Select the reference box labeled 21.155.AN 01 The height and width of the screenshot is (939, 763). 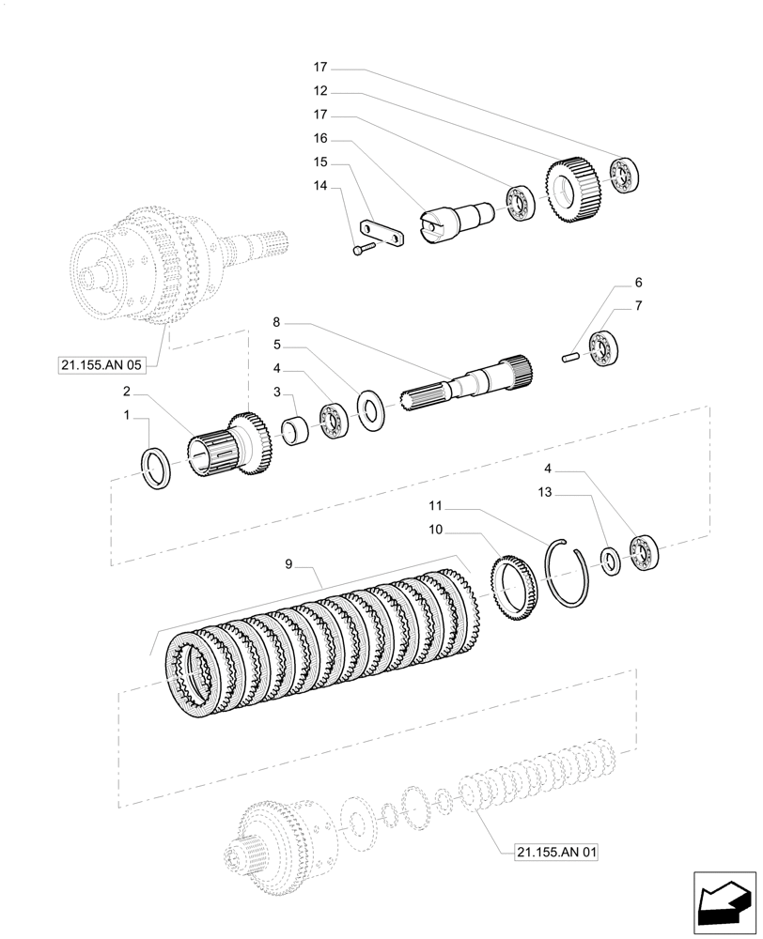[556, 853]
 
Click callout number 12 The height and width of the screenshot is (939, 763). [320, 92]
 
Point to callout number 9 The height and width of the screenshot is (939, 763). [289, 564]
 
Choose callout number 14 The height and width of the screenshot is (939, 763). [320, 187]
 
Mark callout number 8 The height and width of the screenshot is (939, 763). [277, 321]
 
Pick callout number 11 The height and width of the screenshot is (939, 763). [435, 504]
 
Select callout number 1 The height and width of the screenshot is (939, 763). [127, 414]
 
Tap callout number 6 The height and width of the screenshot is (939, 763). [639, 283]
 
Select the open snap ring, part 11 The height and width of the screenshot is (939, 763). [569, 574]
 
